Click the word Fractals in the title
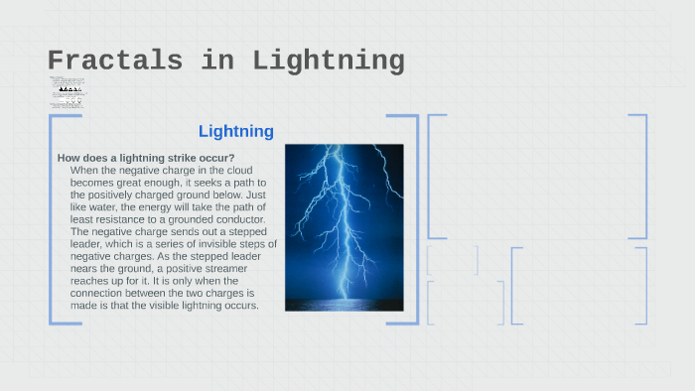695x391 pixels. click(115, 62)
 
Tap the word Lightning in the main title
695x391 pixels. click(329, 62)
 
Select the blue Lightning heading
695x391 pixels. click(236, 131)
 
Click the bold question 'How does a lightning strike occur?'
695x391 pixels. click(146, 158)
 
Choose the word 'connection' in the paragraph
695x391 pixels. click(97, 293)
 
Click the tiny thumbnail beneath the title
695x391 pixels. click(67, 92)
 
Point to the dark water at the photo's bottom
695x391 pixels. click(344, 303)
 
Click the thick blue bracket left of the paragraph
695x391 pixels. click(51, 218)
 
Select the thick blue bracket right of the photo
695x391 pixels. click(414, 218)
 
